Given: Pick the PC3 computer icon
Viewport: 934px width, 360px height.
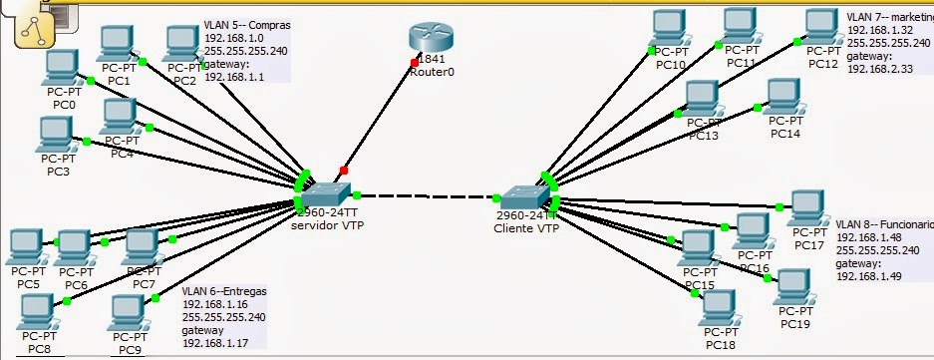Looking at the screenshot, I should pos(56,134).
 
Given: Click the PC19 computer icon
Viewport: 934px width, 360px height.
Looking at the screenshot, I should pos(794,287).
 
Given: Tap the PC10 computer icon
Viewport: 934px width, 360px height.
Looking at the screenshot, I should pos(670,28).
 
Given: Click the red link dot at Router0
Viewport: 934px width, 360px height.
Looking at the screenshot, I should pos(414,62).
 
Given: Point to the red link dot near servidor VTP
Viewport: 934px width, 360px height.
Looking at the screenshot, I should pos(344,170).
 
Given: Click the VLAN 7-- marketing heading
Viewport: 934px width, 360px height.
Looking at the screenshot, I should pos(888,17).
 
